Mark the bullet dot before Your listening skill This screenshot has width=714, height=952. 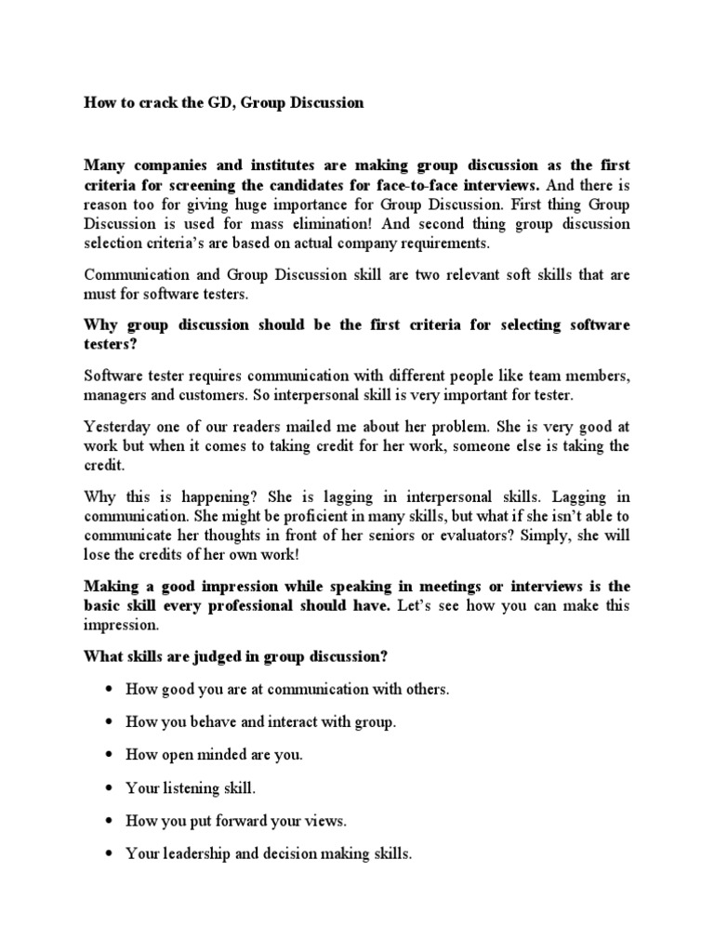110,788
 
